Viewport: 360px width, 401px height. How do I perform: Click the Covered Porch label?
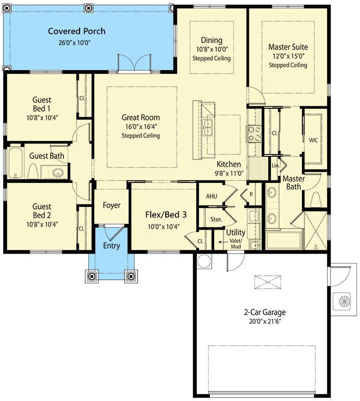(77, 31)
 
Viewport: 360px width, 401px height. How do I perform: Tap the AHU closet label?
(212, 196)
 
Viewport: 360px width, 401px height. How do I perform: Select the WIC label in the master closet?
(314, 140)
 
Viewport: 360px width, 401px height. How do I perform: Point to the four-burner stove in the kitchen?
(254, 133)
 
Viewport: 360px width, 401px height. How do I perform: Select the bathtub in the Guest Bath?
(16, 163)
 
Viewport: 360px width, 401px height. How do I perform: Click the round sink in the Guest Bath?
(58, 173)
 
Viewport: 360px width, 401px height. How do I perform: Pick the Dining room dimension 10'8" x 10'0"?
(211, 50)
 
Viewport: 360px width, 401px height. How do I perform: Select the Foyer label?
(111, 205)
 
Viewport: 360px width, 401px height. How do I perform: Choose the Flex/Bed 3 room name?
(166, 215)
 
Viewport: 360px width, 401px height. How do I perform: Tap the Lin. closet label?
(275, 165)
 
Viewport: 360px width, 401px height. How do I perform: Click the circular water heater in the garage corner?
(204, 262)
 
